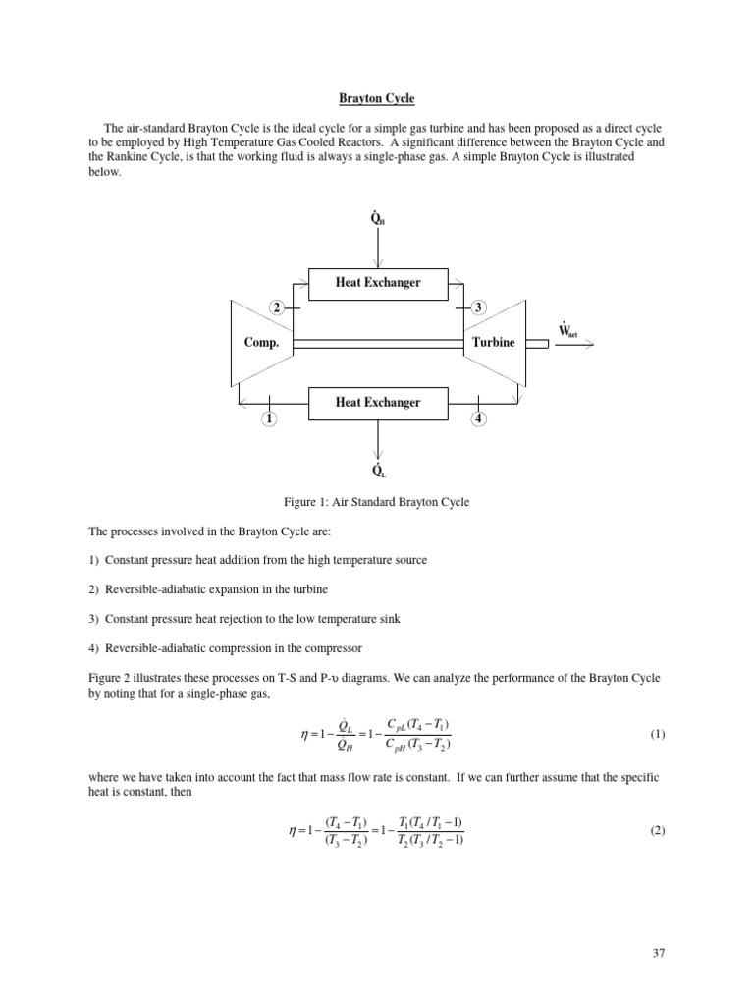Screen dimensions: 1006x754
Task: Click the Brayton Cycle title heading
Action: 377,98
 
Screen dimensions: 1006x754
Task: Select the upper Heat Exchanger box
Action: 379,283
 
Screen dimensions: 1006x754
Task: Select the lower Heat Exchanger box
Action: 379,402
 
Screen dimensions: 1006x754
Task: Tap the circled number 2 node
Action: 278,307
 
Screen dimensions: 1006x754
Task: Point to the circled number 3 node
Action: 479,307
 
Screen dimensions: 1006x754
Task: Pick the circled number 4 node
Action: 478,419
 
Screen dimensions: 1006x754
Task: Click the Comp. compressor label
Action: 262,343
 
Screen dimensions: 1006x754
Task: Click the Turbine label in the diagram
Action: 493,343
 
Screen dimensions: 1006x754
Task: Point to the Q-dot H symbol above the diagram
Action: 378,218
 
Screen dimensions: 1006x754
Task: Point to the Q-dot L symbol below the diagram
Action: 378,469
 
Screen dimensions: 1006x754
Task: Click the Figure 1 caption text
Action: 377,502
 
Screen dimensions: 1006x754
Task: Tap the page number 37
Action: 658,953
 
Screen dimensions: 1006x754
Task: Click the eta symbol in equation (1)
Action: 303,734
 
